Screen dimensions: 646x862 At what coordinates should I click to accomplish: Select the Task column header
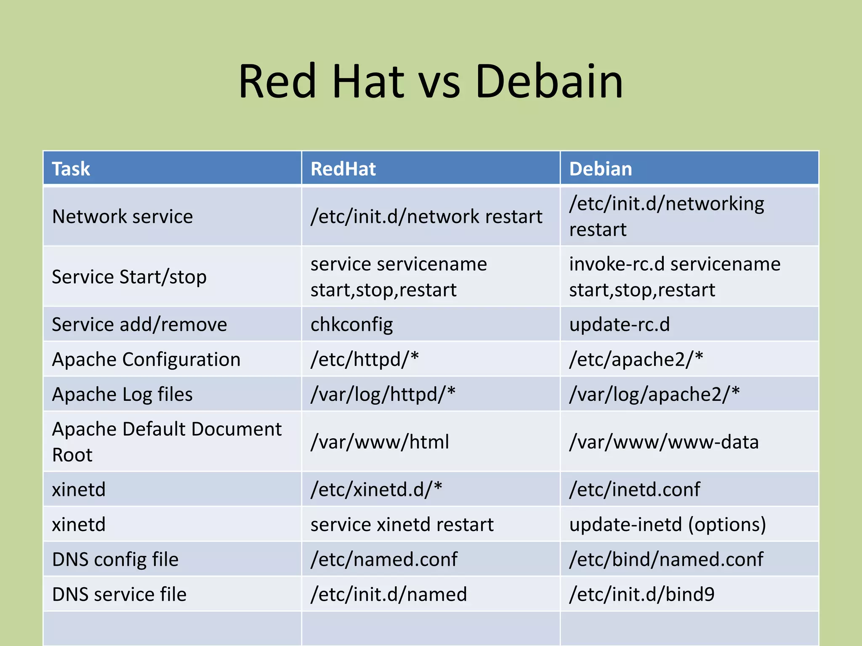(x=71, y=169)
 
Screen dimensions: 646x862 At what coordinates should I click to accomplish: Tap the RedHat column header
(x=343, y=169)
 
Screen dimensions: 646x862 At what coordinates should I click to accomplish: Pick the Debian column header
(x=601, y=169)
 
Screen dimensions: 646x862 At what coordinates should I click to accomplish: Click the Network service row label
(x=122, y=217)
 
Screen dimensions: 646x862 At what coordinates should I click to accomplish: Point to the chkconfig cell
(x=352, y=325)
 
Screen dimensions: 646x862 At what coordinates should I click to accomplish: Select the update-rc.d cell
(x=619, y=325)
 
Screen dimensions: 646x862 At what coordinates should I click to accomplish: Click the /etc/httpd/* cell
(x=364, y=360)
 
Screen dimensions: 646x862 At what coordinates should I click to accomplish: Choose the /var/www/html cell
(x=380, y=442)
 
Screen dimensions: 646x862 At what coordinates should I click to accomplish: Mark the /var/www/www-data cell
(x=664, y=442)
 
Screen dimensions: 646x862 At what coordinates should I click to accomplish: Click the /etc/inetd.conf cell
(x=635, y=490)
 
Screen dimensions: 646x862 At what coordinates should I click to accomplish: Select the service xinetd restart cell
(x=402, y=524)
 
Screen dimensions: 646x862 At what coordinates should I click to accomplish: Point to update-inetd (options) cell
(x=668, y=524)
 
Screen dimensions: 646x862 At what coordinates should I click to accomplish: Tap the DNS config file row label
(x=115, y=559)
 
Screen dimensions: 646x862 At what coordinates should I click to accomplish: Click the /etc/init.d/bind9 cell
(x=642, y=594)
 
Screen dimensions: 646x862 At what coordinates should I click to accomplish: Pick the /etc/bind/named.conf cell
(x=666, y=559)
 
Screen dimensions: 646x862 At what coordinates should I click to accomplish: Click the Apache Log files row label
(x=122, y=394)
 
